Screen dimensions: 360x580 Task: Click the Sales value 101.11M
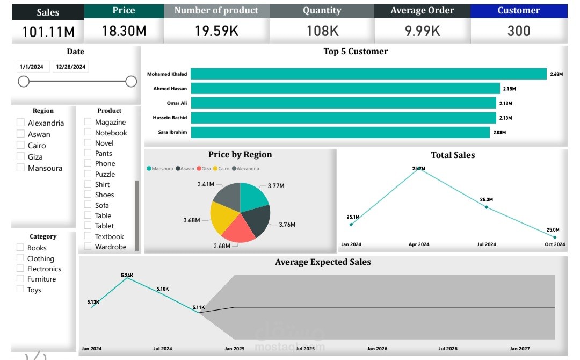click(48, 32)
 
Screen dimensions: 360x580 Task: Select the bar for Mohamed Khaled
click(368, 74)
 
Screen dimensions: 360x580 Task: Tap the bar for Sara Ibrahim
click(340, 132)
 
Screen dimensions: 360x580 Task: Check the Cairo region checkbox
click(20, 145)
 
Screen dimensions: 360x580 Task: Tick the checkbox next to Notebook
click(88, 132)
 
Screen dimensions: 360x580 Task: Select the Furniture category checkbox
click(20, 279)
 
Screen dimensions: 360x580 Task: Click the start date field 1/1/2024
click(31, 67)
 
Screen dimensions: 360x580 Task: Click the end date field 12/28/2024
click(70, 67)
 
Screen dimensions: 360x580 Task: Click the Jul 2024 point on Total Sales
click(487, 207)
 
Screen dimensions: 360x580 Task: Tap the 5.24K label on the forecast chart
click(127, 276)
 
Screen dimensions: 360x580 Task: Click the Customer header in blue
click(519, 11)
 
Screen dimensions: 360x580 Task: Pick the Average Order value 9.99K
click(423, 31)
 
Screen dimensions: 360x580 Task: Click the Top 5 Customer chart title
click(356, 52)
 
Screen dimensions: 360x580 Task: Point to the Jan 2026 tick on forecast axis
click(377, 349)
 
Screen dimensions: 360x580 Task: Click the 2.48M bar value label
click(556, 74)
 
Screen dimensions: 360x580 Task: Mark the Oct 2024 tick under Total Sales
click(555, 244)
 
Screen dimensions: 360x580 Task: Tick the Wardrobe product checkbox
click(88, 247)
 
